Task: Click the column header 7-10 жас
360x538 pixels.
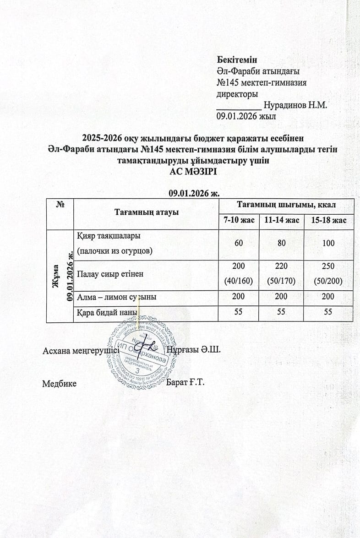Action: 239,221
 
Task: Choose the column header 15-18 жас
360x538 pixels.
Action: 328,221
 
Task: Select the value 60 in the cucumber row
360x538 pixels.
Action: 239,243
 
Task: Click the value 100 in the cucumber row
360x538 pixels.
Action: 328,243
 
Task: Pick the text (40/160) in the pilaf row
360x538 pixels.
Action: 239,281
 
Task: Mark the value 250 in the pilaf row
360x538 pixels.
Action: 328,266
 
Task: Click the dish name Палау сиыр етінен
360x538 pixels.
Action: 110,274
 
